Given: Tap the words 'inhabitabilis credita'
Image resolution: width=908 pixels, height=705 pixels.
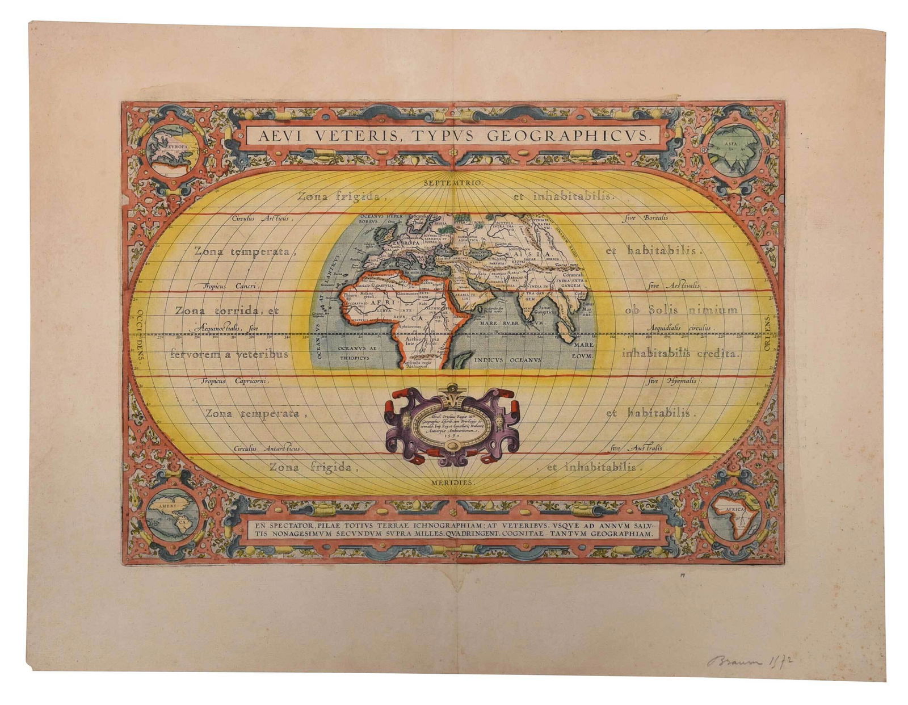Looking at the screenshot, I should (681, 353).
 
